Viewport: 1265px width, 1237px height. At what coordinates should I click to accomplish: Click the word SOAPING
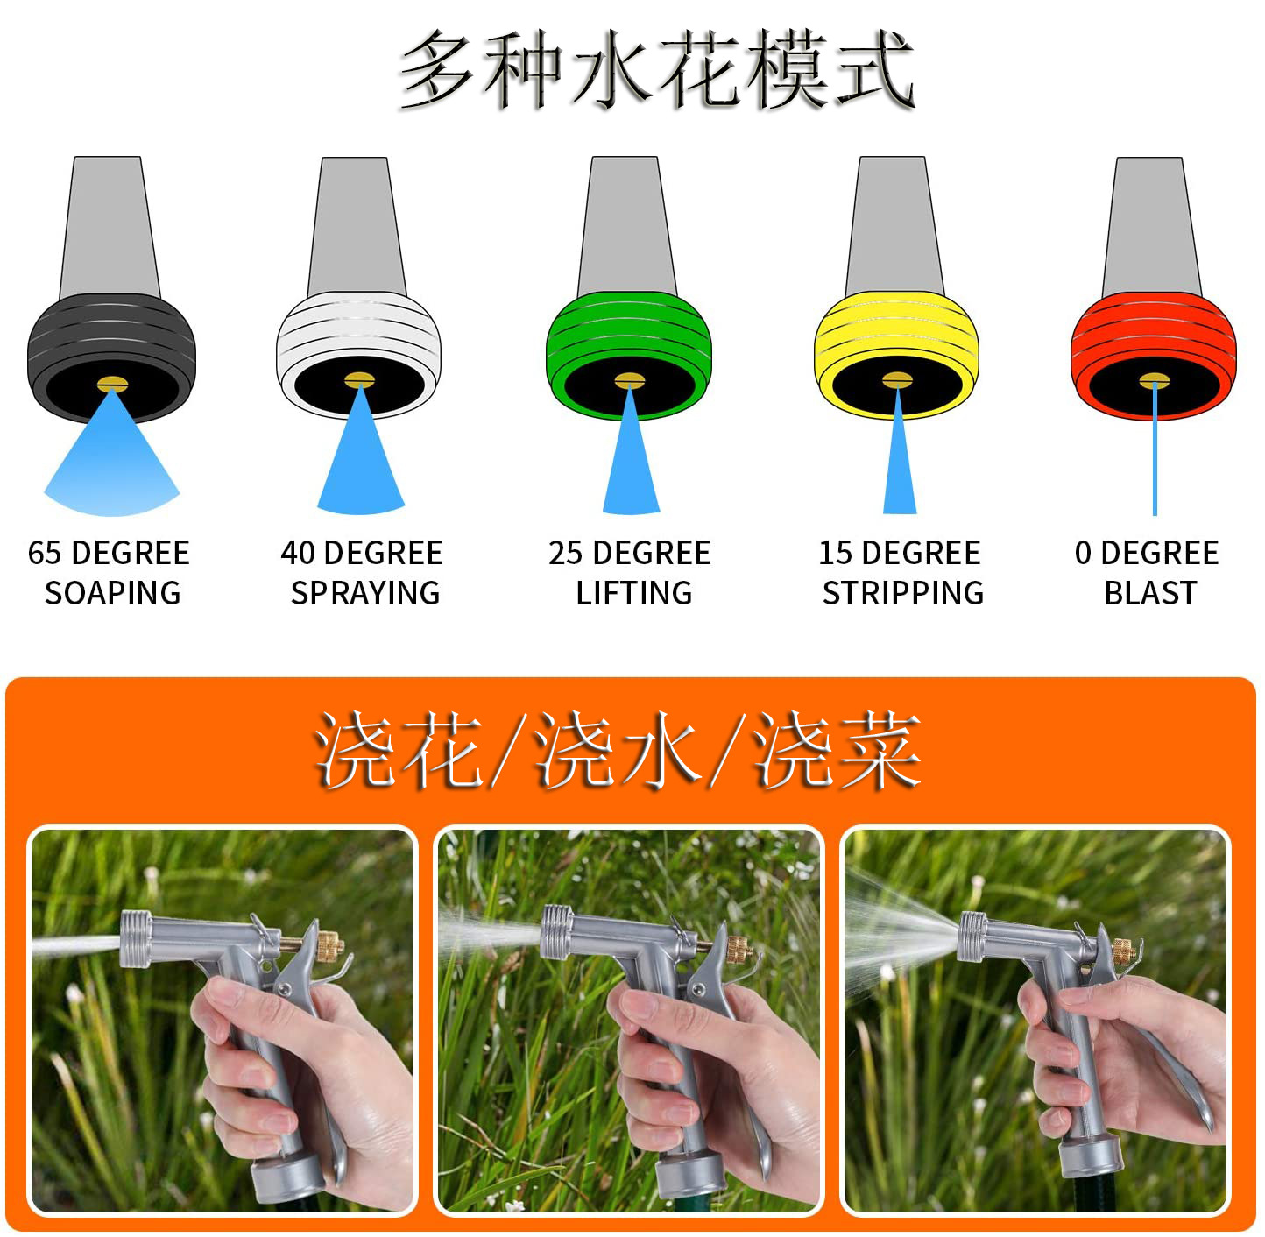point(112,593)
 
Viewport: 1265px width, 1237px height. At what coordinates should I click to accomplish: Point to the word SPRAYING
point(365,593)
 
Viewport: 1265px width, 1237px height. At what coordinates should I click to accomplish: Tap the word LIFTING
point(634,593)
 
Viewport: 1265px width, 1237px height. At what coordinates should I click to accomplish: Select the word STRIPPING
point(903,593)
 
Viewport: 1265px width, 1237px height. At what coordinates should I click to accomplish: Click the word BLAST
point(1150,593)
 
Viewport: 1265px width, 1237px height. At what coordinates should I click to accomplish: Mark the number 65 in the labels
point(44,553)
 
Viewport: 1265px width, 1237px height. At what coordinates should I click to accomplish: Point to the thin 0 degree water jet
point(1155,449)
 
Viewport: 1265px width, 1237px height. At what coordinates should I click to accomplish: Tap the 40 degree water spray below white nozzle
point(361,462)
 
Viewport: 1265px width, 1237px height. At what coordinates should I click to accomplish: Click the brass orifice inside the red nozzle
point(1154,381)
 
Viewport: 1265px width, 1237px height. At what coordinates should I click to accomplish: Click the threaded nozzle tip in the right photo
point(972,936)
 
